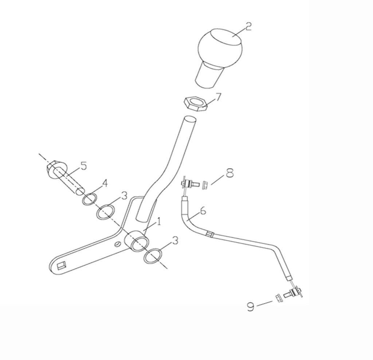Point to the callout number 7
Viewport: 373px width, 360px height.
coord(218,97)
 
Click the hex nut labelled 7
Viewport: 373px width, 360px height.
coord(195,103)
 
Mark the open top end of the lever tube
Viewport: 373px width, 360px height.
coord(191,119)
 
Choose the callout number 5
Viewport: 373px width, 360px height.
coord(83,166)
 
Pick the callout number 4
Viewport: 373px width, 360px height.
coord(105,183)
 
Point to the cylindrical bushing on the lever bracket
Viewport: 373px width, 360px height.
coord(137,241)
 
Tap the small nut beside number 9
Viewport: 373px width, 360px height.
coord(277,297)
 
